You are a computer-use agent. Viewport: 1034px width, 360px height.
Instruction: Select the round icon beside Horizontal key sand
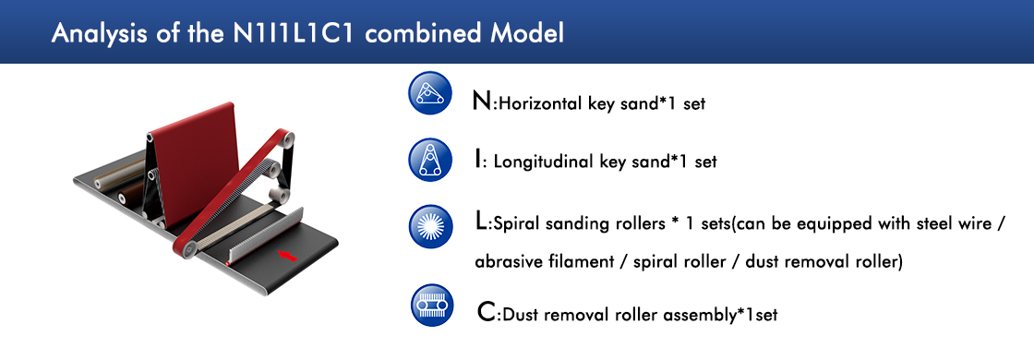(430, 93)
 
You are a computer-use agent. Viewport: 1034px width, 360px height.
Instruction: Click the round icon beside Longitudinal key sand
(430, 160)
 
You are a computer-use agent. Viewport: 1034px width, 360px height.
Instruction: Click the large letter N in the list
(481, 102)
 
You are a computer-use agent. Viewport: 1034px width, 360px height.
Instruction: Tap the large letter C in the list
(486, 312)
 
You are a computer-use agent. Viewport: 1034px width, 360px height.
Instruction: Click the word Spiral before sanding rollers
(515, 225)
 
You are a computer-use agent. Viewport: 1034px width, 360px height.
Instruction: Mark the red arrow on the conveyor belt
(288, 256)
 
